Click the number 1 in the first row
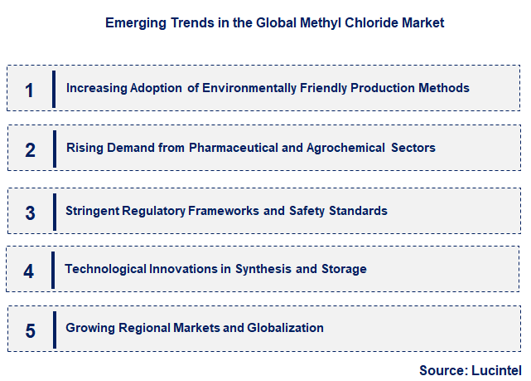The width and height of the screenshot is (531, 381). pyautogui.click(x=30, y=90)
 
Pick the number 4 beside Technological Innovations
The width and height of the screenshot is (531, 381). pyautogui.click(x=29, y=271)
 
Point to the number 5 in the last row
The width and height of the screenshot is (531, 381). pyautogui.click(x=30, y=330)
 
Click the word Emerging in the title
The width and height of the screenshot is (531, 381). pyautogui.click(x=133, y=23)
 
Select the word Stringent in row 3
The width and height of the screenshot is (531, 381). pyautogui.click(x=93, y=211)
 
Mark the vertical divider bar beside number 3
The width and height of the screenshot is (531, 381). pyautogui.click(x=54, y=210)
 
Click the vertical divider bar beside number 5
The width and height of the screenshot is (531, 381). pyautogui.click(x=54, y=328)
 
